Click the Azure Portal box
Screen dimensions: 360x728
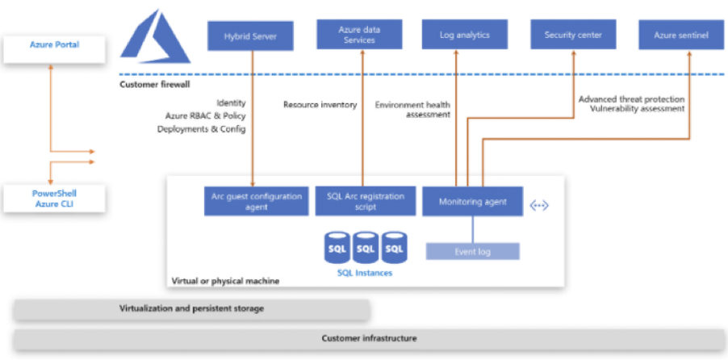coord(55,45)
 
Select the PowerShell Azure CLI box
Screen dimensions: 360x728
coord(55,199)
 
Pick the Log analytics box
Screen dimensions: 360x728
coord(464,36)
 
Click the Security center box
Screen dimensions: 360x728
coord(573,36)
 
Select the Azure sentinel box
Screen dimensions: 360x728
coord(681,36)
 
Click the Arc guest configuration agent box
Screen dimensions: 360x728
coord(253,202)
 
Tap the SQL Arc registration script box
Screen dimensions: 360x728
coord(363,202)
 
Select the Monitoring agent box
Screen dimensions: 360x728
coord(473,202)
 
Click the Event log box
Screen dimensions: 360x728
coord(473,252)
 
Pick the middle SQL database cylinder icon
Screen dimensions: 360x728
coord(366,249)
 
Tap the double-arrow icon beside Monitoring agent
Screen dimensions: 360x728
coord(539,206)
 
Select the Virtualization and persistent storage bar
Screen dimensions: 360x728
coord(192,309)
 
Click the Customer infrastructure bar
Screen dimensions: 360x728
coord(369,339)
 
